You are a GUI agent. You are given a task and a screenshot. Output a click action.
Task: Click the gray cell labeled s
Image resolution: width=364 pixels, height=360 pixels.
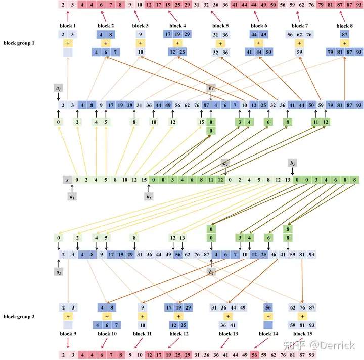click(67, 179)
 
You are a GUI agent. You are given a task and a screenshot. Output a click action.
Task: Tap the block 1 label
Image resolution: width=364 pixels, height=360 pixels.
click(68, 26)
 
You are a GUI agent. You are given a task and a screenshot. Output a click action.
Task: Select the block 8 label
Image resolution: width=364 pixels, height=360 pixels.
click(344, 26)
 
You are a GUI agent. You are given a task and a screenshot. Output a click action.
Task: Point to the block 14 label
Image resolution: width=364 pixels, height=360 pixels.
click(267, 334)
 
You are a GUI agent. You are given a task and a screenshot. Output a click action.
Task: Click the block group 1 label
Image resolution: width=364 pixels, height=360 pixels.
click(19, 43)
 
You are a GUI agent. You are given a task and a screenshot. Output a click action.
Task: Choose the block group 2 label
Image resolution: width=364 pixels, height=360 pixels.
click(19, 317)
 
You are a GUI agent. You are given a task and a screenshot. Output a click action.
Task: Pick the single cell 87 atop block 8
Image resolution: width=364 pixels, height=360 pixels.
click(344, 35)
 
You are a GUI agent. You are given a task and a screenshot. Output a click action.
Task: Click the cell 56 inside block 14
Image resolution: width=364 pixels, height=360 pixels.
click(267, 307)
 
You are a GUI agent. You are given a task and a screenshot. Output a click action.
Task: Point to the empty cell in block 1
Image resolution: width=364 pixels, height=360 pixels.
click(68, 52)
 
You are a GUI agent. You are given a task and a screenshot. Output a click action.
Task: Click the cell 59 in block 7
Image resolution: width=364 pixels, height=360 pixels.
click(300, 52)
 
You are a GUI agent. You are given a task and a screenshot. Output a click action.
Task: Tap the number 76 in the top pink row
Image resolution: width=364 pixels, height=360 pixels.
click(311, 5)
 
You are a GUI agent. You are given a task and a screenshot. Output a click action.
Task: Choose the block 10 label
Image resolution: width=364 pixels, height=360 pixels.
click(106, 334)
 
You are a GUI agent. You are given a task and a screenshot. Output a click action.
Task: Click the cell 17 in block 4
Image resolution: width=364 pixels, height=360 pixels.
click(167, 35)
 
